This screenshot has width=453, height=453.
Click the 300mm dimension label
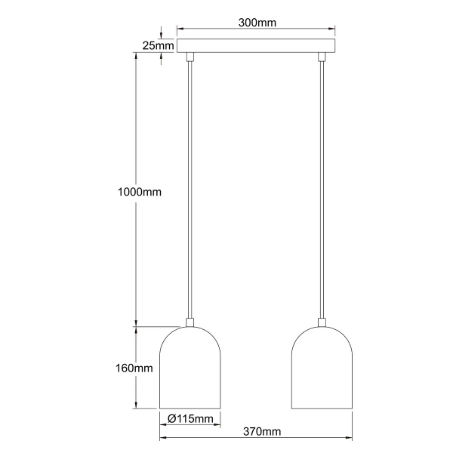coord(256,23)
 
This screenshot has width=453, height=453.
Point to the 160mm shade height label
coord(136,368)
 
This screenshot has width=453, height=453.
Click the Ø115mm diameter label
coord(190,419)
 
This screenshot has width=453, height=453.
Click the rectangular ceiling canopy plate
coord(256,46)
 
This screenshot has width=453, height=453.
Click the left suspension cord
coord(190,189)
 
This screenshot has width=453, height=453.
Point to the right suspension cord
coord(322,189)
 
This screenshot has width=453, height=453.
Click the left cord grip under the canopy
coord(190,57)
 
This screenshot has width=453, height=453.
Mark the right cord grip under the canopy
coord(322,57)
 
